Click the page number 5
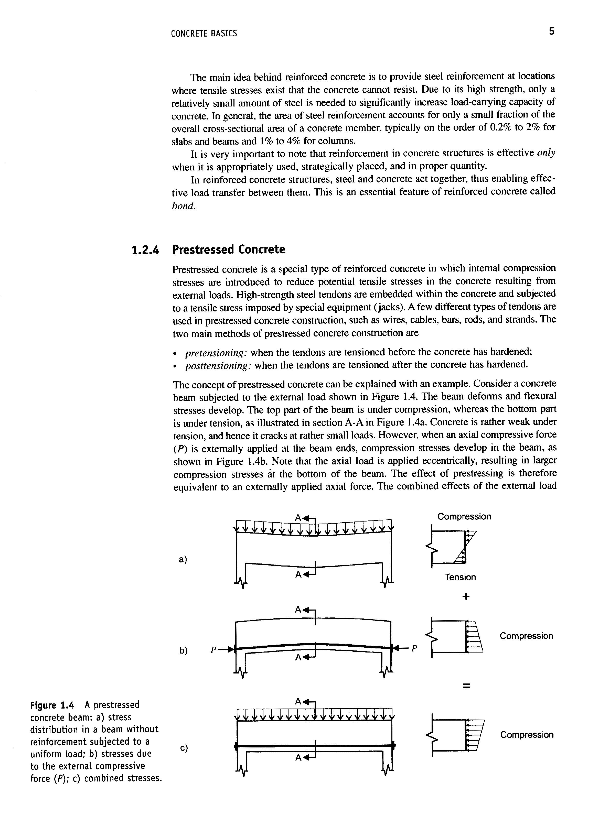click(552, 32)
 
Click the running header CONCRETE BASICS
click(204, 34)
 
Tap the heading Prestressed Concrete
click(228, 250)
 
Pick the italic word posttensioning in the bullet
click(219, 366)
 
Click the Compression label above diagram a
click(464, 516)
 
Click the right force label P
click(414, 648)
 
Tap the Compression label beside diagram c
click(527, 735)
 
